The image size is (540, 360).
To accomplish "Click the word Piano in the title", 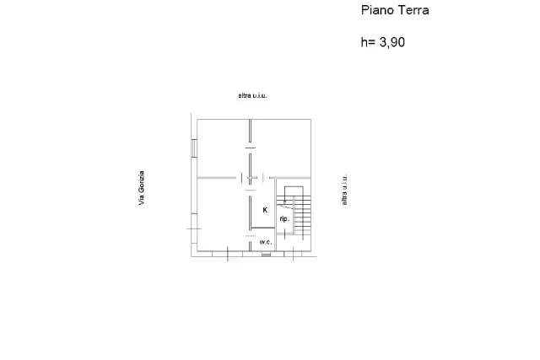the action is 377,10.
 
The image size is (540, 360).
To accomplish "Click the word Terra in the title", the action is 413,10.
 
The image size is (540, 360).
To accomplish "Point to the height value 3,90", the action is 391,42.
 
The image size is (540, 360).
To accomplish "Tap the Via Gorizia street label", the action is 141,188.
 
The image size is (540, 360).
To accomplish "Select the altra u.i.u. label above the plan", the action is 252,95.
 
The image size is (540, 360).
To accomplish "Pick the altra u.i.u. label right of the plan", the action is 344,190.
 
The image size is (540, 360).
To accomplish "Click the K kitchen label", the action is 265,210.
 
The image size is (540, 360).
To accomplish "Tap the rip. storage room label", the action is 284,219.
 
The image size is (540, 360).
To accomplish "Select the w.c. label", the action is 266,242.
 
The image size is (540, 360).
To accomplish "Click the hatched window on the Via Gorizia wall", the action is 194,148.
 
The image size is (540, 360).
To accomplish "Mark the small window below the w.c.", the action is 266,255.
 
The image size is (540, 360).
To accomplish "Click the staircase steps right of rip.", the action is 303,216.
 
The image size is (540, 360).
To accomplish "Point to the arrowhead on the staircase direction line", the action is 284,201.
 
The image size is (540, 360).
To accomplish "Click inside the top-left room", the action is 223,148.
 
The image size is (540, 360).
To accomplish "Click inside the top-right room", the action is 281,148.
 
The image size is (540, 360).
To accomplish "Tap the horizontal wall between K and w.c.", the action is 263,228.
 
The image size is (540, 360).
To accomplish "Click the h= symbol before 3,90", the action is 368,42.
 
